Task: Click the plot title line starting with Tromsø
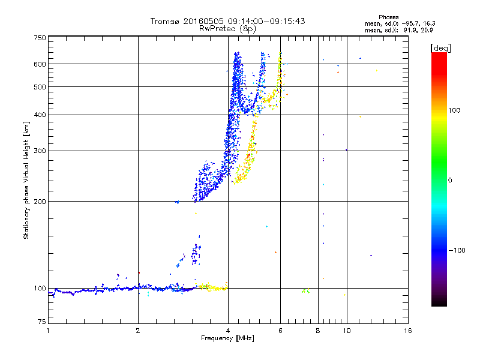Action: [x=227, y=21]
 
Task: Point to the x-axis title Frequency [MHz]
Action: [x=227, y=339]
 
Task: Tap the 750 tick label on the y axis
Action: [x=40, y=37]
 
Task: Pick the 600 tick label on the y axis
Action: [x=40, y=64]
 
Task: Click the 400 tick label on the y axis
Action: [x=40, y=115]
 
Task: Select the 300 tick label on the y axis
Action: [x=40, y=151]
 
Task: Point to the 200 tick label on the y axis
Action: [x=40, y=201]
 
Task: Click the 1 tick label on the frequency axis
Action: [x=48, y=331]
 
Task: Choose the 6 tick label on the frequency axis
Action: [x=280, y=331]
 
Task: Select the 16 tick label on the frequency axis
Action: [x=407, y=331]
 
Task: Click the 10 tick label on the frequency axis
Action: [x=346, y=331]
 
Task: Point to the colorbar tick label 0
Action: [x=451, y=180]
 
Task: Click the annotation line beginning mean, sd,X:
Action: [x=399, y=29]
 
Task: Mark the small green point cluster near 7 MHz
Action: [x=306, y=291]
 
